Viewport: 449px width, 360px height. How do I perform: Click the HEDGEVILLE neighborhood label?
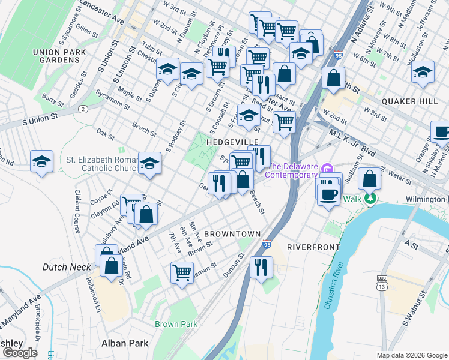[x=232, y=142]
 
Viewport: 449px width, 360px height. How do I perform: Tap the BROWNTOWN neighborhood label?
[x=232, y=233]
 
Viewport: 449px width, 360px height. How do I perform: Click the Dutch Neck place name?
[x=66, y=266]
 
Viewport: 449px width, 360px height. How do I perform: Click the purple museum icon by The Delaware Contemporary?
[x=327, y=166]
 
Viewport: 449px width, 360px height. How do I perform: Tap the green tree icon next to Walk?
[x=372, y=197]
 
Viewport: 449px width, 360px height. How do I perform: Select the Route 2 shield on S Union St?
[x=82, y=109]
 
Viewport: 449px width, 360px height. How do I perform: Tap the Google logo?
[x=20, y=353]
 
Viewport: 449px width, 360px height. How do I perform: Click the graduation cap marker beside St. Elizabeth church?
[x=149, y=163]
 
